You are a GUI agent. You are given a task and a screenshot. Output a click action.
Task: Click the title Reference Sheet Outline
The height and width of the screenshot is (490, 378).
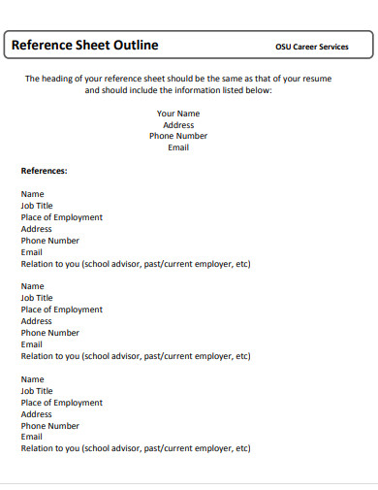point(84,46)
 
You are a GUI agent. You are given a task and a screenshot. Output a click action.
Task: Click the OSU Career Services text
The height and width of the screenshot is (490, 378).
point(312,47)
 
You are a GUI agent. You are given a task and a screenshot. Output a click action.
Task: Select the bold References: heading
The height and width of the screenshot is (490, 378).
point(44,171)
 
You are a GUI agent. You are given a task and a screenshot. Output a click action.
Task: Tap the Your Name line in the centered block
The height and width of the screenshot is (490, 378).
point(178,114)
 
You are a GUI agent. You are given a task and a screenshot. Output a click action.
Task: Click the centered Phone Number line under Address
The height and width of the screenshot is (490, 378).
point(178,136)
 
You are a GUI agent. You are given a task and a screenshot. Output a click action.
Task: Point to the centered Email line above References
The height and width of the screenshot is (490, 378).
point(178,147)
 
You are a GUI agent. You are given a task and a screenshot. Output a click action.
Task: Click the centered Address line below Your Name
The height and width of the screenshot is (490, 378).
point(178,125)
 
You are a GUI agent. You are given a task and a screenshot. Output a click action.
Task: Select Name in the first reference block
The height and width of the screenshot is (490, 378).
point(32,194)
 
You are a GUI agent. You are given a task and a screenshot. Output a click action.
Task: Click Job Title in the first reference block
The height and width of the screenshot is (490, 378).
point(37,206)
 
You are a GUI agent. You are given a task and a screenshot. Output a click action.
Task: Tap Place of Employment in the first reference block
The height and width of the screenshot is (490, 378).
point(61,217)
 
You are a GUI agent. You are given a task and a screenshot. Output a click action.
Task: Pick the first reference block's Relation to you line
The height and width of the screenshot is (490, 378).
point(135,264)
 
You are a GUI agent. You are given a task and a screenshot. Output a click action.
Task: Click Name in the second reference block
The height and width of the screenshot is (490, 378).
point(32,286)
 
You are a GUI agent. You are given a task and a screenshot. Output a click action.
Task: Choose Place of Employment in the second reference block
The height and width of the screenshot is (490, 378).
point(61,310)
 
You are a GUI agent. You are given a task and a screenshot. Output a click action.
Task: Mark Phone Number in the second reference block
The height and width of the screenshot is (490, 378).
point(49,333)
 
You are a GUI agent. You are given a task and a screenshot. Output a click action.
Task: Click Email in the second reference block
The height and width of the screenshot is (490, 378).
point(32,344)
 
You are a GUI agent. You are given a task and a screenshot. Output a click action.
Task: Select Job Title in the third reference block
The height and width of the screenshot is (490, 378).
point(37,391)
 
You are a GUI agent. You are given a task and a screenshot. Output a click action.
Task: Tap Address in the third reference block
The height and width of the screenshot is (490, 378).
point(36,414)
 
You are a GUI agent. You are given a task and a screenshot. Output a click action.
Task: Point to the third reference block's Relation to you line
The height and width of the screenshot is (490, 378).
point(135,448)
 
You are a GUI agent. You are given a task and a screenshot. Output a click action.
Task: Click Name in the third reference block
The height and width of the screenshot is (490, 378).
point(32,379)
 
